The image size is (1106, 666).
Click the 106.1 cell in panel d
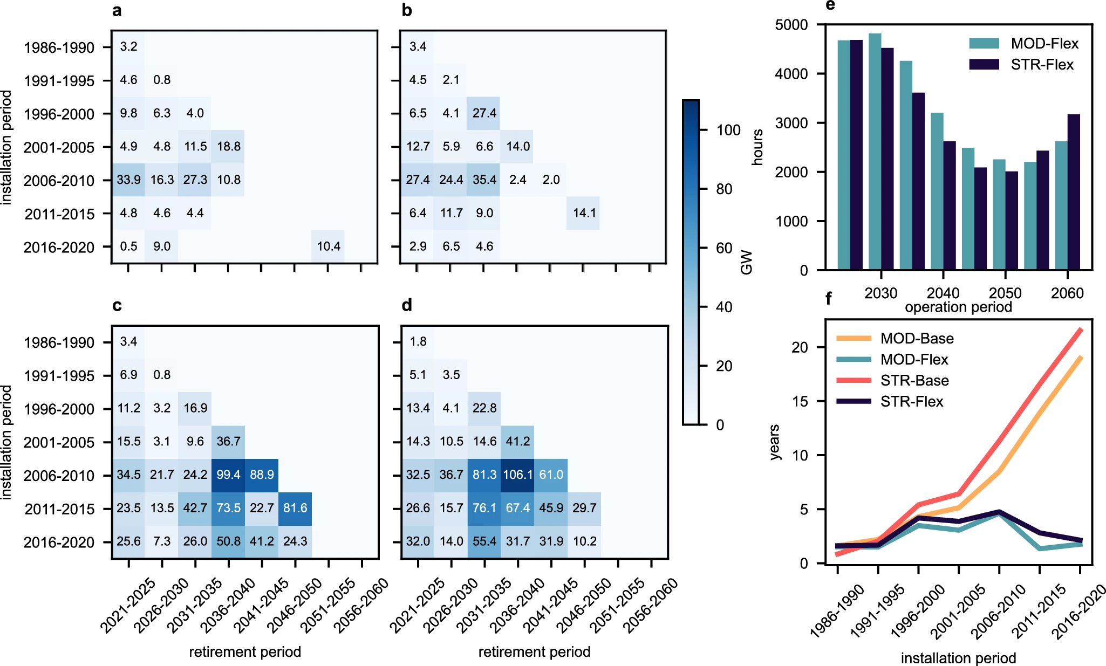tap(517, 475)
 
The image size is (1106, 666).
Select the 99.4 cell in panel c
tap(228, 475)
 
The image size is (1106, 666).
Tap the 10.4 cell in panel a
tap(328, 246)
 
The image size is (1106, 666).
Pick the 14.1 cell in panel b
tap(584, 213)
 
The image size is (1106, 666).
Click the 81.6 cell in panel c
tap(295, 508)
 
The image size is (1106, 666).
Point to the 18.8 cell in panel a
tap(229, 146)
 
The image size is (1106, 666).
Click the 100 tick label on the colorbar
tap(728, 130)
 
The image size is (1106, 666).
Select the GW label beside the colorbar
tap(746, 262)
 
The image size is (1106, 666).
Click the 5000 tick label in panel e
tap(791, 25)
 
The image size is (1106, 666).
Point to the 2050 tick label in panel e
tap(1005, 293)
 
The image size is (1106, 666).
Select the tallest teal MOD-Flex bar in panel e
tap(875, 151)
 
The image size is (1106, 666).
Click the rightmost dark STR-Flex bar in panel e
tap(1073, 191)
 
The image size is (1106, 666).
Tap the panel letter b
tap(407, 11)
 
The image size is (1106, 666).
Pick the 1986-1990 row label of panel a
tap(59, 47)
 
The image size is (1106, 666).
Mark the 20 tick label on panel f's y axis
tap(800, 347)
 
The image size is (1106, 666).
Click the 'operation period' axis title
tap(958, 307)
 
